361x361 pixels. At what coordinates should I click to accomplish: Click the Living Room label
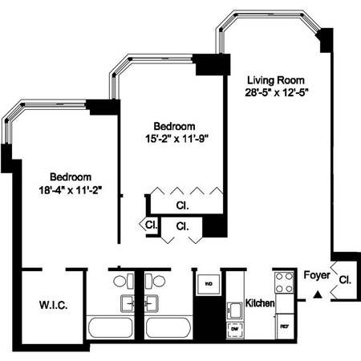click(x=277, y=79)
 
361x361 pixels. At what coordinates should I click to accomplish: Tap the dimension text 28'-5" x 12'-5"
click(x=277, y=91)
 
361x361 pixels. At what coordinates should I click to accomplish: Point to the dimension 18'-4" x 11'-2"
click(x=70, y=189)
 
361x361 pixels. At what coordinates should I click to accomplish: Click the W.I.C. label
click(x=51, y=305)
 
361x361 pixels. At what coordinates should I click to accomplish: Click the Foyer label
click(x=316, y=277)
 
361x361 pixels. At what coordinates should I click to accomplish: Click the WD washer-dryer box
click(x=207, y=284)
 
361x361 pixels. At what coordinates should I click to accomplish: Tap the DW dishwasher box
click(x=236, y=329)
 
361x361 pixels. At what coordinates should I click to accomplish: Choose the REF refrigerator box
click(x=283, y=327)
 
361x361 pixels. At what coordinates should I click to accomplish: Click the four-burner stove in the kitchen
click(x=284, y=282)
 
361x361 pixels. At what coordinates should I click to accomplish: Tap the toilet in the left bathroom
click(x=120, y=282)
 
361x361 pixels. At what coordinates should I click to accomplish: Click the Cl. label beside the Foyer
click(x=344, y=280)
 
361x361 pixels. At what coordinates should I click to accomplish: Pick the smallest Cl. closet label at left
click(x=151, y=225)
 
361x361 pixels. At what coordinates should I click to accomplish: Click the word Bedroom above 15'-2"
click(x=175, y=127)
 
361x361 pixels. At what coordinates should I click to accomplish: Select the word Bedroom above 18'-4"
click(x=70, y=176)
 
